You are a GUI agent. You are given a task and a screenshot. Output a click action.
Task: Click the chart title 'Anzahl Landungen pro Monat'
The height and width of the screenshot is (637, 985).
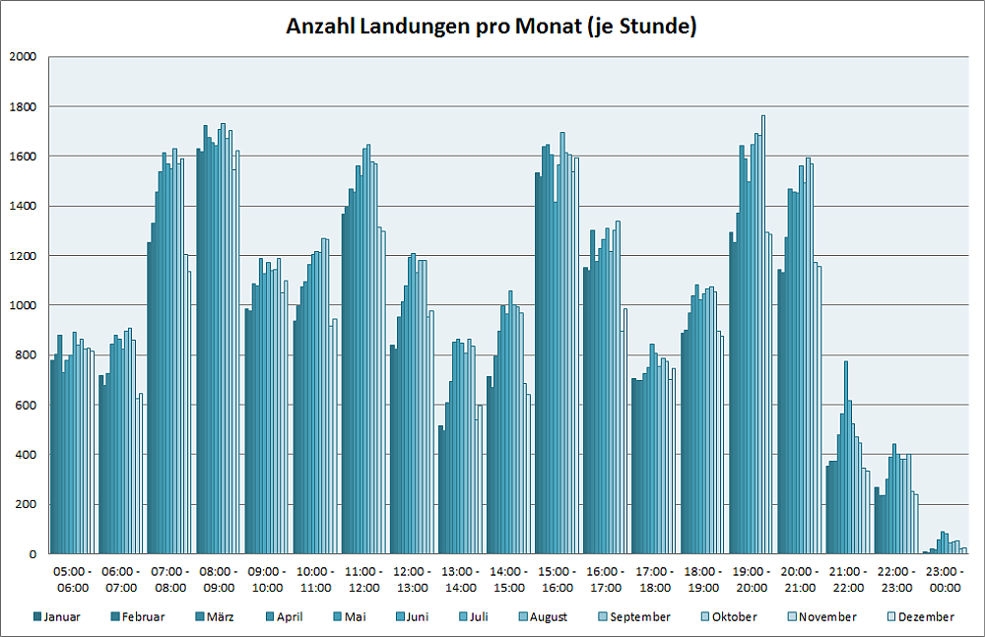pyautogui.click(x=492, y=27)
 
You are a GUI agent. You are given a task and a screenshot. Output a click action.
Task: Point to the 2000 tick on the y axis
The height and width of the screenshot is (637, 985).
pyautogui.click(x=21, y=56)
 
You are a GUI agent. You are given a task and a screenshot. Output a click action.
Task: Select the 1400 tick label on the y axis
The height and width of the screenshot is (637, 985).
pyautogui.click(x=21, y=206)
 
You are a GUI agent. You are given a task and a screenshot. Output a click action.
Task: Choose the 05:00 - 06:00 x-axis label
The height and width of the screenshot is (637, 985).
pyautogui.click(x=73, y=580)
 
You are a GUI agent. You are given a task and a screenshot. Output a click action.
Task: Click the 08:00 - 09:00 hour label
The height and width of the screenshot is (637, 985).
pyautogui.click(x=219, y=580)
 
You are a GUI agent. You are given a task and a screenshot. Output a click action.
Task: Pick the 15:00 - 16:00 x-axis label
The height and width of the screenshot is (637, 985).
pyautogui.click(x=558, y=580)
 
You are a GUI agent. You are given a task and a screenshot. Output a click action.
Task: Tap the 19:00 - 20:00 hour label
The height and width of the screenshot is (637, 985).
pyautogui.click(x=752, y=580)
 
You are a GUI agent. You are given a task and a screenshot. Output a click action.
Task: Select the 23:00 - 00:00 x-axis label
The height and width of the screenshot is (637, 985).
pyautogui.click(x=946, y=580)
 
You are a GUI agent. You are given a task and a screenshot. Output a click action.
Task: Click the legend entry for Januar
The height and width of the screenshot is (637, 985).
pyautogui.click(x=57, y=617)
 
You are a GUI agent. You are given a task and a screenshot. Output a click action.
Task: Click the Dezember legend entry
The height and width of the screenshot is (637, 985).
pyautogui.click(x=920, y=617)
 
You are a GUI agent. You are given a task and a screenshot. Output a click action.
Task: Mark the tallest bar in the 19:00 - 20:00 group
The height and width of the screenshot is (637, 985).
pyautogui.click(x=763, y=335)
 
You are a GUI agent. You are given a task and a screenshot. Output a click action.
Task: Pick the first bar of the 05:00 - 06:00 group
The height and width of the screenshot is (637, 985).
pyautogui.click(x=52, y=457)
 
